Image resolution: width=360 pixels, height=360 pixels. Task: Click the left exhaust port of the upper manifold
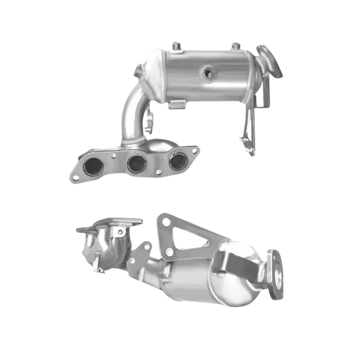tap(92, 169)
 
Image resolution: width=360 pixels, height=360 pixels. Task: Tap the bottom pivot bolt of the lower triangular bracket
tap(169, 253)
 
